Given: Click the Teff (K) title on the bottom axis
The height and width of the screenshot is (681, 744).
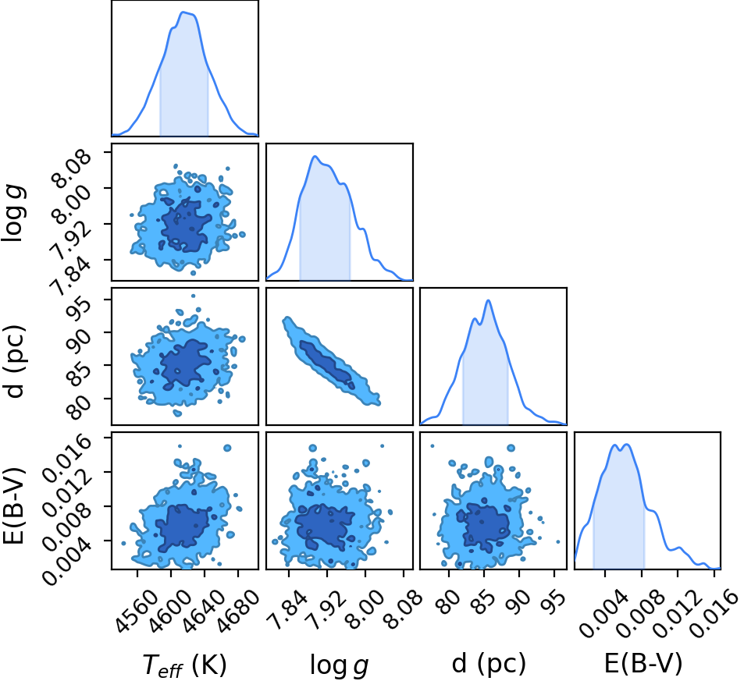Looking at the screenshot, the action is tap(184, 664).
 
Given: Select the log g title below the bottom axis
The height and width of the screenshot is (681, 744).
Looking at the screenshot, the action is tap(340, 665).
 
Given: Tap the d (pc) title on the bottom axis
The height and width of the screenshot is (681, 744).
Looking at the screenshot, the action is tap(489, 663).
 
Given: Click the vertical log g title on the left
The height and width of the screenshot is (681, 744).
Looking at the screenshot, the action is tap(13, 212).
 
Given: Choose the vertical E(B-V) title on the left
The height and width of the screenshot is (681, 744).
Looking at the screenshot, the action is tap(13, 505).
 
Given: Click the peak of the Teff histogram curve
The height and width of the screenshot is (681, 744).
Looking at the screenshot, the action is tap(183, 12).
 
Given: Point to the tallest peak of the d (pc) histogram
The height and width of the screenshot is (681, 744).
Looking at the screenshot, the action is tap(488, 300).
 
